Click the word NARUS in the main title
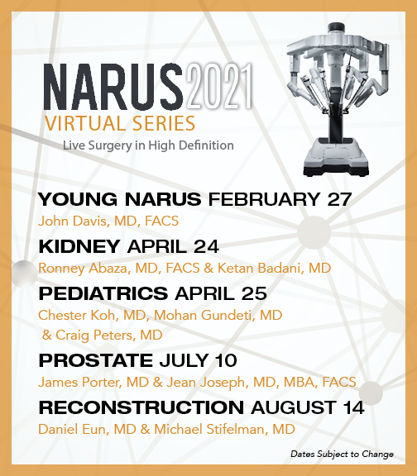[x=113, y=87]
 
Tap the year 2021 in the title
[x=219, y=86]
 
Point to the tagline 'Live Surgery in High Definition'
[x=148, y=145]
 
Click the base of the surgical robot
[x=336, y=158]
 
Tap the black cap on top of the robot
[x=336, y=27]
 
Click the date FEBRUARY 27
[x=280, y=199]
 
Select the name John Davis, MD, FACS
[x=108, y=221]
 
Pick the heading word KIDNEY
[x=79, y=246]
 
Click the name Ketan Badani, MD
[x=274, y=268]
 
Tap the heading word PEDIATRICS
[x=103, y=293]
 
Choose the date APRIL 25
[x=221, y=293]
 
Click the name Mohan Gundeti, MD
[x=218, y=315]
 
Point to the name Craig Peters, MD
[x=109, y=336]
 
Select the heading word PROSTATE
[x=95, y=360]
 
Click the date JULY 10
[x=198, y=360]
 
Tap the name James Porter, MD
[x=93, y=382]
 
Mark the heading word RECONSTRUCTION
[x=141, y=407]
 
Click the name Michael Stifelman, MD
[x=224, y=429]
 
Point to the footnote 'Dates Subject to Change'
[x=343, y=455]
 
